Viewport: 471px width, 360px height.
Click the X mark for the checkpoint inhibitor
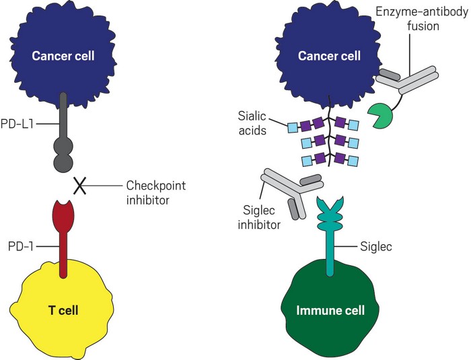tap(79, 185)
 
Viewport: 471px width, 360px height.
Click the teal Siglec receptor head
tap(331, 206)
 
